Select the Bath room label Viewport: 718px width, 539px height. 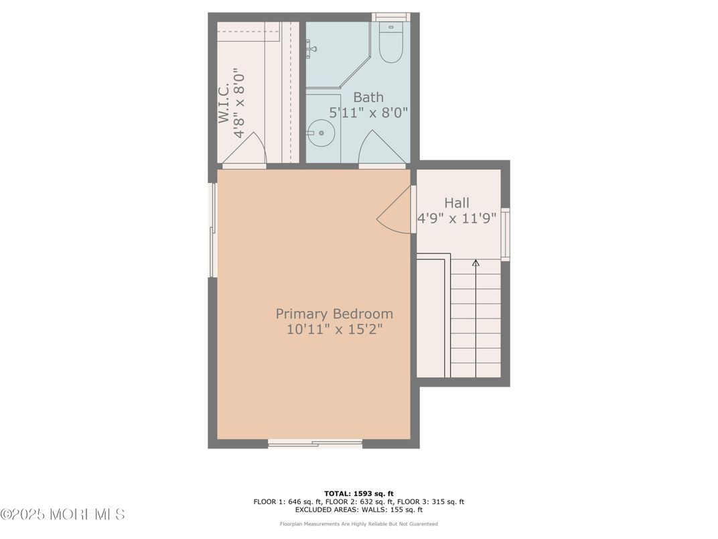click(x=368, y=97)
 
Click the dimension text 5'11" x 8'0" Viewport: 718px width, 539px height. click(x=368, y=113)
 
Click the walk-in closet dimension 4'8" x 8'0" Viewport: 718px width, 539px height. click(x=239, y=103)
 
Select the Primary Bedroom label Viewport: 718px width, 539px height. click(x=334, y=314)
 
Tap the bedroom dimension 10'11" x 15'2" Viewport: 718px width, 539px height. click(x=334, y=329)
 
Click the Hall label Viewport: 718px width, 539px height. click(x=457, y=202)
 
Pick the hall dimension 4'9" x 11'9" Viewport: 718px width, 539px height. click(x=457, y=218)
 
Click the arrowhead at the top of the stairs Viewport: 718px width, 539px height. click(x=476, y=263)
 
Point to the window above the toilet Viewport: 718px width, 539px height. click(x=390, y=17)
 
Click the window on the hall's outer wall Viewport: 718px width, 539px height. click(x=505, y=234)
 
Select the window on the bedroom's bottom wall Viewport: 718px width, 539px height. click(x=315, y=443)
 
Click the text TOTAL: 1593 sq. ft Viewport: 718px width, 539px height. click(x=359, y=493)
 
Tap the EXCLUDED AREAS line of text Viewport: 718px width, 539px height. click(x=359, y=510)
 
